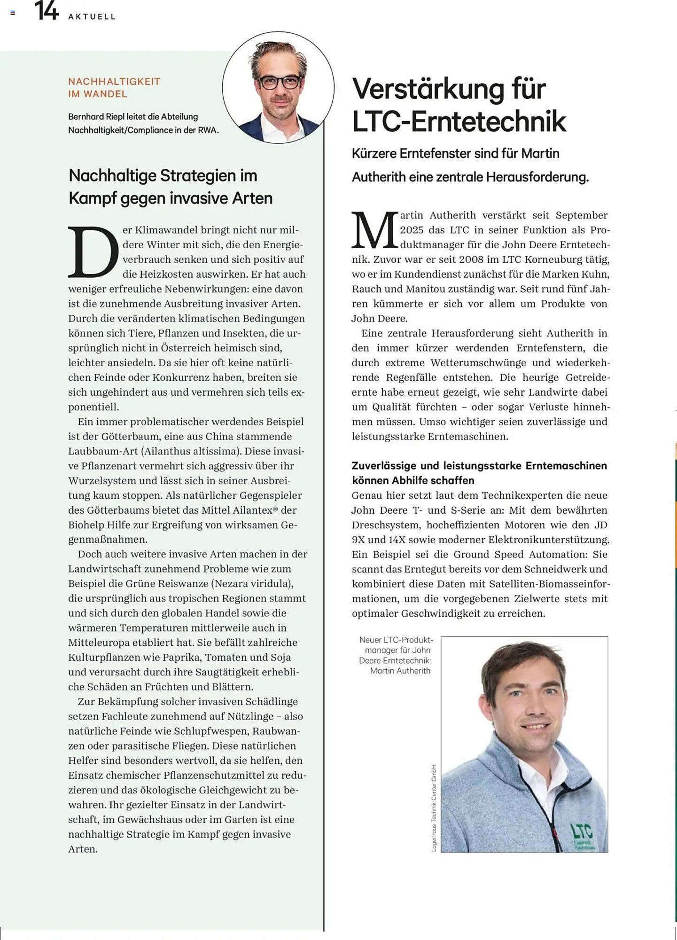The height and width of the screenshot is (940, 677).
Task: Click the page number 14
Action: pos(47,11)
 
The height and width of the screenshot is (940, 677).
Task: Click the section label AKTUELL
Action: pos(92,16)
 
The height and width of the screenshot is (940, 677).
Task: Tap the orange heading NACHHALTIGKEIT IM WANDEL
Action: pos(114,87)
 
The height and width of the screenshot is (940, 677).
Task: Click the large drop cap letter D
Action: pos(93,253)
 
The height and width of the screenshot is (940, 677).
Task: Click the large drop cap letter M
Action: pos(374,231)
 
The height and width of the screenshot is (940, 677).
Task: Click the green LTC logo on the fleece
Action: pos(582,832)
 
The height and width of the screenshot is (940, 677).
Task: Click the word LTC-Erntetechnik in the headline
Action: pos(459,121)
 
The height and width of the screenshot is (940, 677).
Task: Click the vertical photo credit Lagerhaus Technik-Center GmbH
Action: pos(434,808)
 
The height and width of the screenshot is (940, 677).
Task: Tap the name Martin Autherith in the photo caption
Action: pos(400,671)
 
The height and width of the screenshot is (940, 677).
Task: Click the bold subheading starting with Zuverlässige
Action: pos(479,473)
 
